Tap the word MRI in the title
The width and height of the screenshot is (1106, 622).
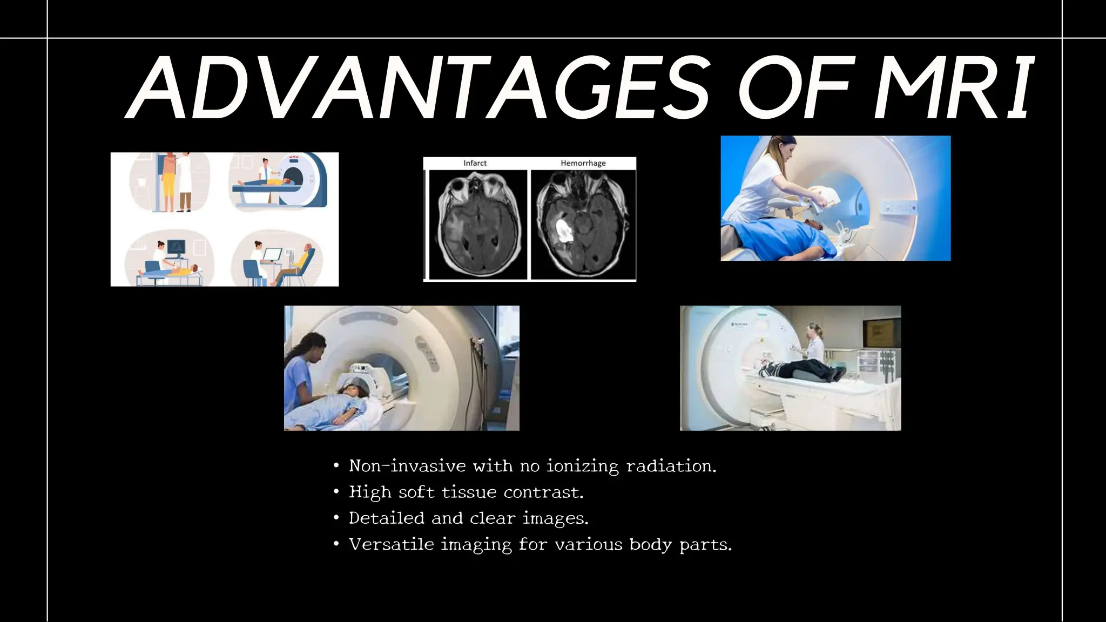(953, 87)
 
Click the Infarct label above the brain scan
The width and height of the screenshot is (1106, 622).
(475, 163)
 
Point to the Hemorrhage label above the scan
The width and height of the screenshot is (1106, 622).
(583, 163)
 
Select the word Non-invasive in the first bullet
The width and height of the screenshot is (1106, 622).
(407, 466)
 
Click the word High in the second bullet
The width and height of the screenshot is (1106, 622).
(370, 492)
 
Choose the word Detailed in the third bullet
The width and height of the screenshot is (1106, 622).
(387, 518)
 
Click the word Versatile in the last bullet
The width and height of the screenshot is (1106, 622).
(391, 544)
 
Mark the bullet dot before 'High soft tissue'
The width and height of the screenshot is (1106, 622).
(336, 492)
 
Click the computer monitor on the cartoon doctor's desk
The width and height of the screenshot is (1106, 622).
(272, 254)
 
